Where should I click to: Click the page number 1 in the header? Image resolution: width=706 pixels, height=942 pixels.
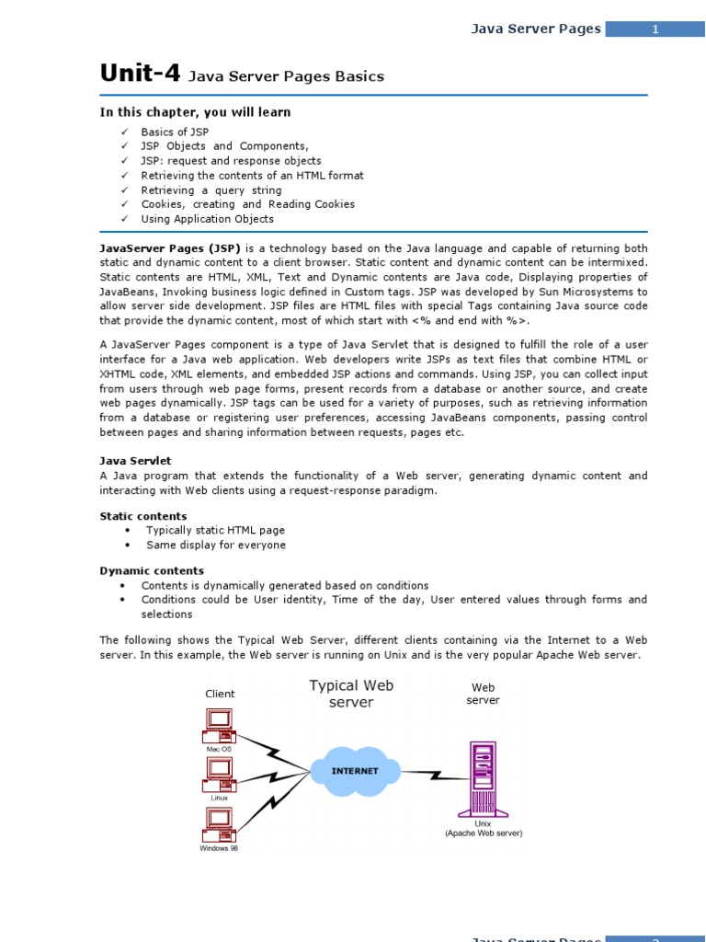(x=655, y=29)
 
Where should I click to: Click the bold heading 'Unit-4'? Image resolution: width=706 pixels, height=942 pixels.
(x=140, y=74)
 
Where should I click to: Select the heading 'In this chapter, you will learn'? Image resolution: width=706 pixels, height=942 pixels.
(x=195, y=112)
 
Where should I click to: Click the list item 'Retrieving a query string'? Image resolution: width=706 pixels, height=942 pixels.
(x=211, y=190)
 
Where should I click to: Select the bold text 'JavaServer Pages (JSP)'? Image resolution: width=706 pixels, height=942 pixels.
(x=169, y=248)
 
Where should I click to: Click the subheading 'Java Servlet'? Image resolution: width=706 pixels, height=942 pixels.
(x=135, y=460)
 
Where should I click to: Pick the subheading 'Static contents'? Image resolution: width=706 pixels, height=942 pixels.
(x=142, y=516)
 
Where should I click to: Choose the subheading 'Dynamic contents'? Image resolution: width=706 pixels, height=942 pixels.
(x=152, y=570)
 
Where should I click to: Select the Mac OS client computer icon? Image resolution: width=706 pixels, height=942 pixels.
(x=219, y=726)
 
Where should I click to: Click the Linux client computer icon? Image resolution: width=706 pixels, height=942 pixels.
(x=219, y=775)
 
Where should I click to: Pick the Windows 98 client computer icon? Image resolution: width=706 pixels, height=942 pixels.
(x=219, y=824)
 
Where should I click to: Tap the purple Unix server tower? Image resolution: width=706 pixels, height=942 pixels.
(x=483, y=778)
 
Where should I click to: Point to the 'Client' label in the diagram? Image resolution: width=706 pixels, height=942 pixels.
(x=220, y=694)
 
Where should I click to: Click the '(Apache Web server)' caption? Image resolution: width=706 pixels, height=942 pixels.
(x=484, y=833)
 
